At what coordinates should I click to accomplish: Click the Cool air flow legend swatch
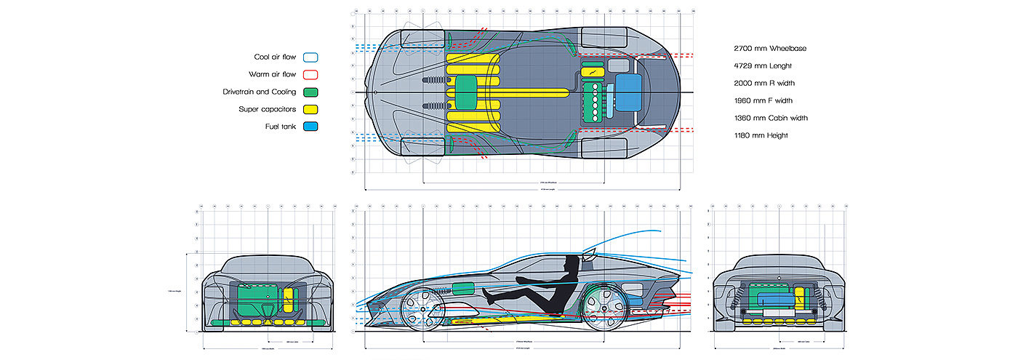[x=310, y=57]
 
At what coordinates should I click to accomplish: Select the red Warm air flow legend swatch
[x=310, y=74]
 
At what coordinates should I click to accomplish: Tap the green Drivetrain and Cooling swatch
[x=310, y=92]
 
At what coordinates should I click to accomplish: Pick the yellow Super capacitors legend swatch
[x=310, y=110]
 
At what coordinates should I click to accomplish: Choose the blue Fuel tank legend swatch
[x=310, y=127]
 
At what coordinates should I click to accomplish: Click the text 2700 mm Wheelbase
[x=770, y=49]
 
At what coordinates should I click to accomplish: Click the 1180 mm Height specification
[x=761, y=135]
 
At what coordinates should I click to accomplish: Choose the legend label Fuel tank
[x=280, y=127]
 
